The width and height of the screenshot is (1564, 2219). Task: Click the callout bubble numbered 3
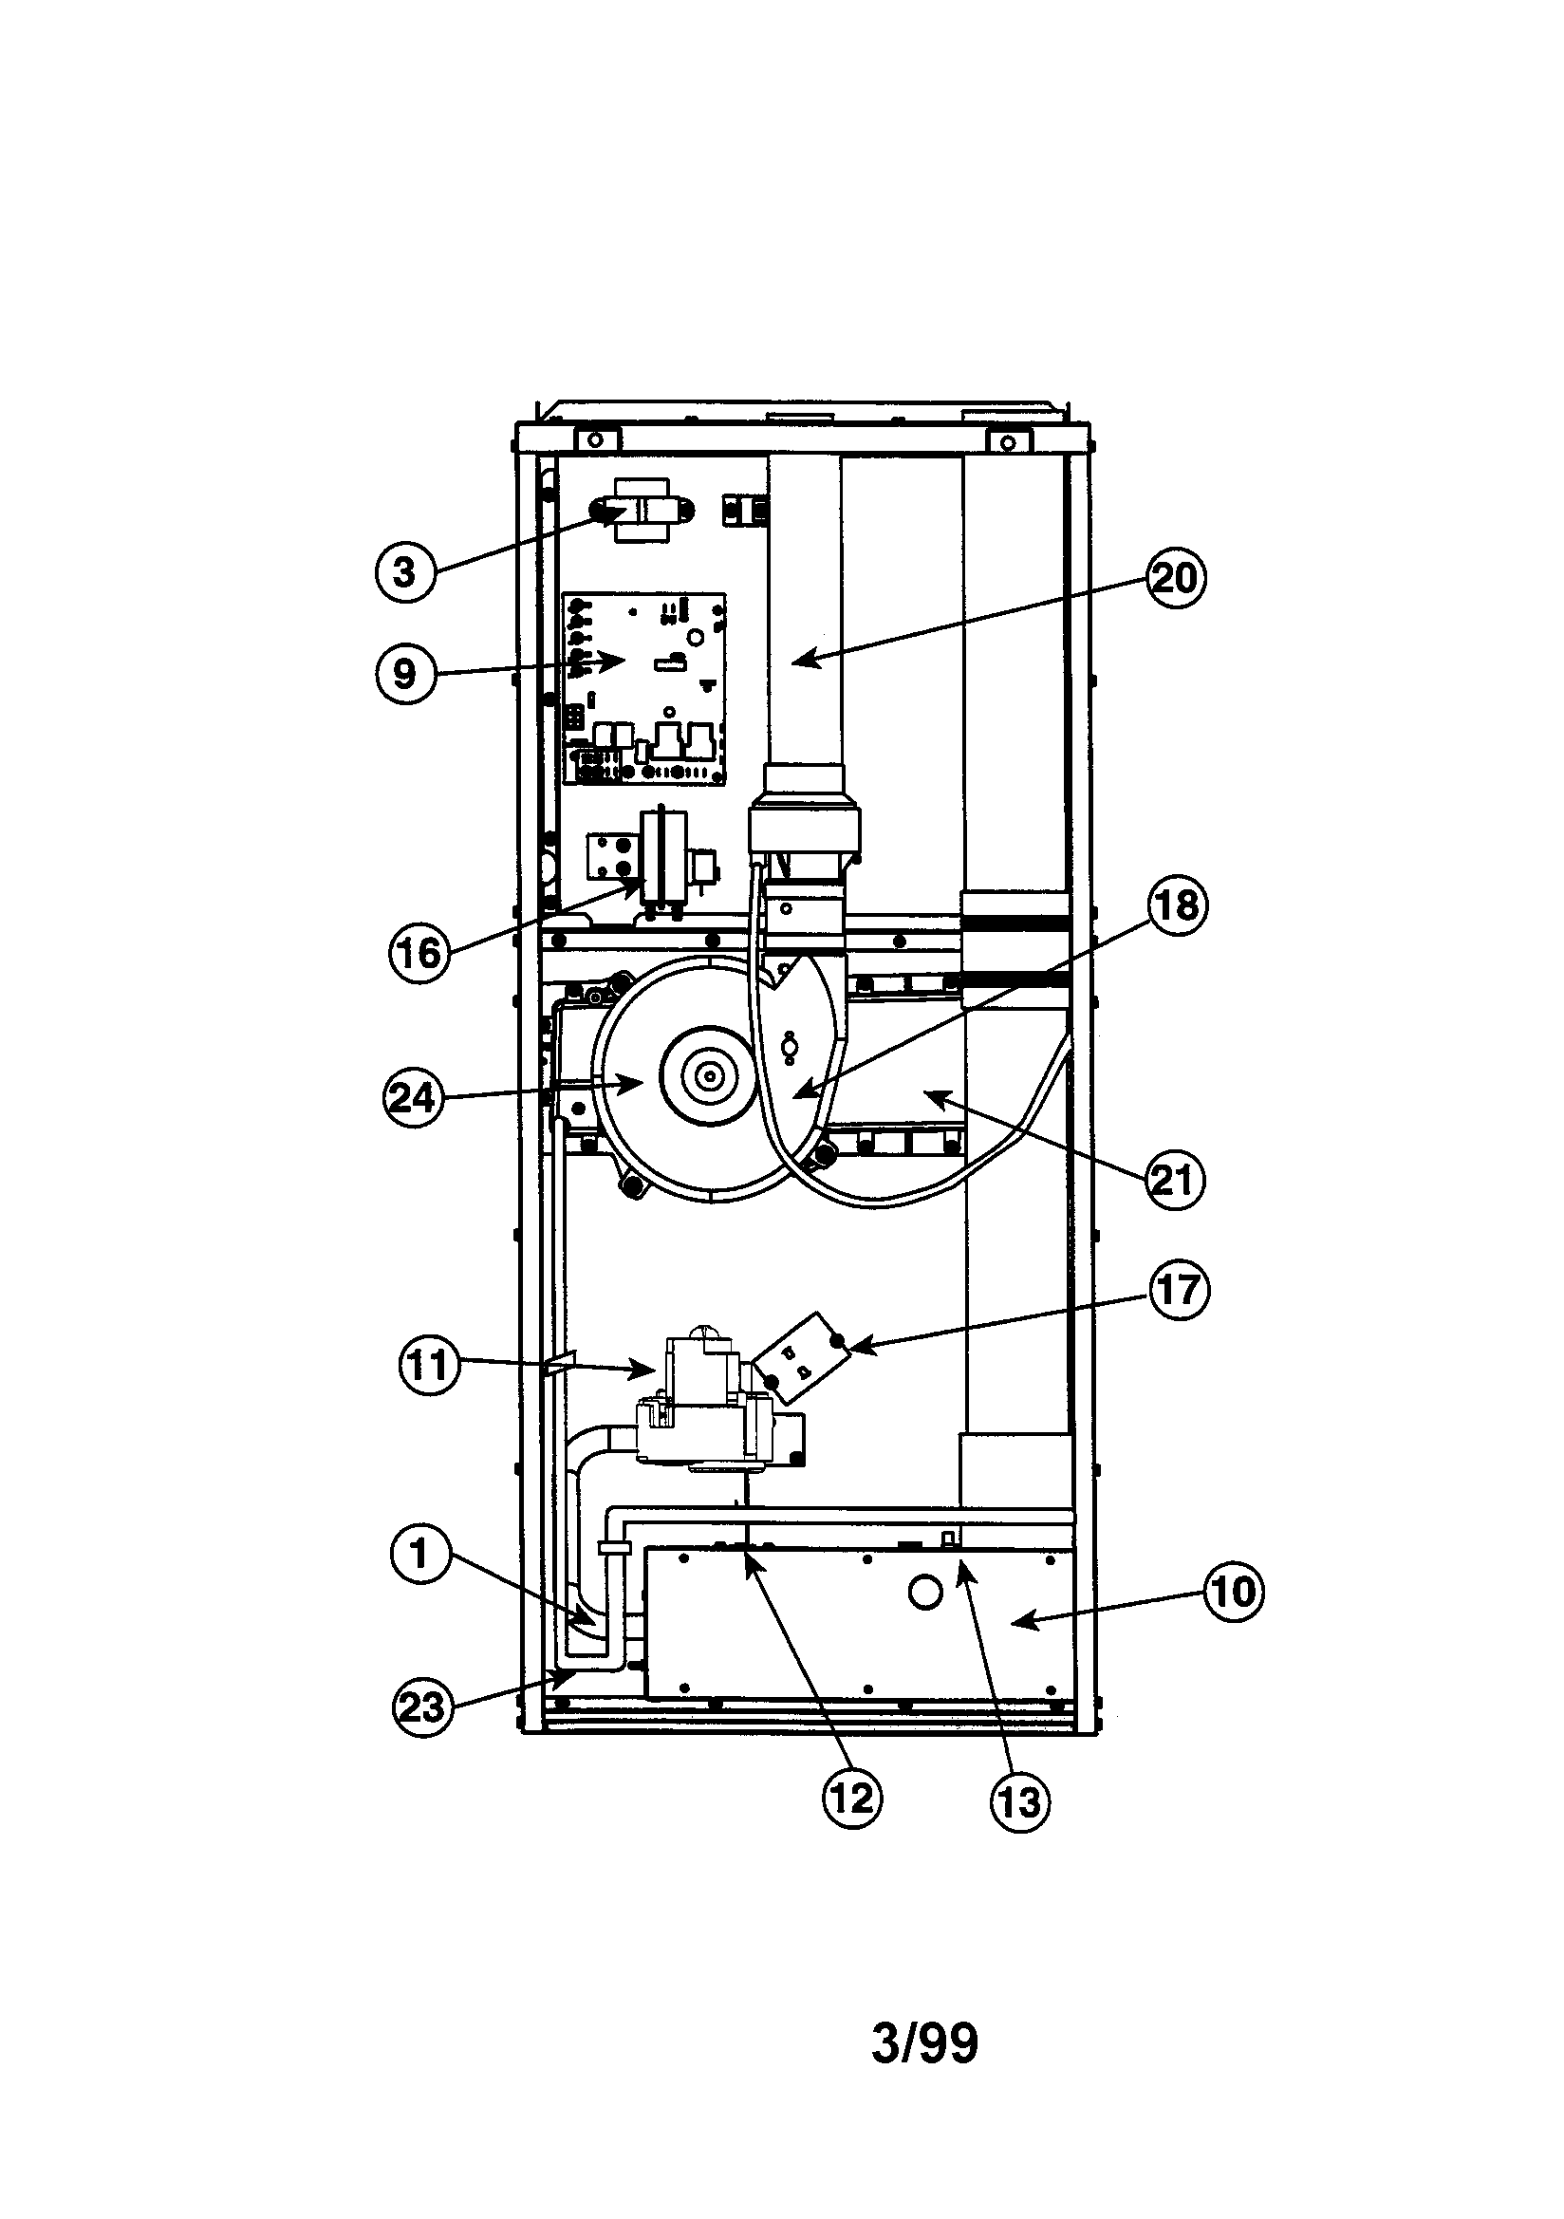click(405, 572)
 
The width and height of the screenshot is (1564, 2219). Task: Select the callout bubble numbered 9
click(405, 674)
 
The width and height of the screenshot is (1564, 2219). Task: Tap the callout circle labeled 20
click(1177, 578)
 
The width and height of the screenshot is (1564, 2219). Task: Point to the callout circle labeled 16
click(419, 954)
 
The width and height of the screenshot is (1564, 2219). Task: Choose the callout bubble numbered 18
click(1179, 906)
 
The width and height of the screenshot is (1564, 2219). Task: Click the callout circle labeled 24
click(414, 1099)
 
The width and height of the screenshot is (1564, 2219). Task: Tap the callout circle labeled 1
click(420, 1553)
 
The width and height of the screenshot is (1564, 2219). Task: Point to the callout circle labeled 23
click(422, 1707)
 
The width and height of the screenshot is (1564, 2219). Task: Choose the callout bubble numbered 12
click(852, 1798)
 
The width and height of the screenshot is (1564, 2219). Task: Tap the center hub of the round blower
click(712, 1073)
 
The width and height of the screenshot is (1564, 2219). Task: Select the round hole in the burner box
click(926, 1594)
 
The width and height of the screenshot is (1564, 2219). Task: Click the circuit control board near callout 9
click(644, 688)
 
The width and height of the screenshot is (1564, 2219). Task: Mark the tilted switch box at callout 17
click(801, 1357)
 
